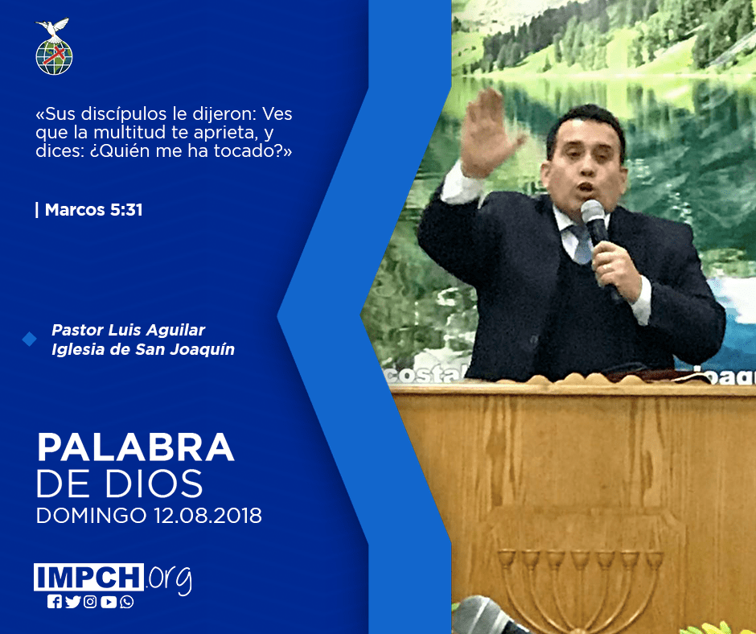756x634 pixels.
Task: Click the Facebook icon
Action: coord(54,602)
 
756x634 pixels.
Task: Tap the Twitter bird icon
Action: coord(72,602)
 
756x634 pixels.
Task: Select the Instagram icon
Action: coord(90,602)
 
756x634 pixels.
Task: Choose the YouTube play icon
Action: coord(109,602)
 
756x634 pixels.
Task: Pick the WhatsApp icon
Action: coord(127,602)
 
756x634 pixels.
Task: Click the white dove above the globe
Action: coord(53,28)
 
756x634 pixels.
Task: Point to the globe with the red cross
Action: coord(54,56)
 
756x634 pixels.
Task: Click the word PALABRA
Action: coord(135,448)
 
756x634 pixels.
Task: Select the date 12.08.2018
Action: coord(207,515)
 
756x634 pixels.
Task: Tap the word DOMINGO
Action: coord(92,515)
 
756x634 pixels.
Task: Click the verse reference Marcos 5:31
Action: coord(93,210)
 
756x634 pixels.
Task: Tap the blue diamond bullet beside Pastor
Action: coord(30,340)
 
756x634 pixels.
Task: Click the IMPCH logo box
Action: coord(88,577)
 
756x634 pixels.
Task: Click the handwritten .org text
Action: coord(169,579)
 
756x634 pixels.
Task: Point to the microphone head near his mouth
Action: coord(593,212)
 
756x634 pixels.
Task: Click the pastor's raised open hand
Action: coord(487,132)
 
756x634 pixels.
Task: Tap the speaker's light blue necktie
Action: coord(581,245)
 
